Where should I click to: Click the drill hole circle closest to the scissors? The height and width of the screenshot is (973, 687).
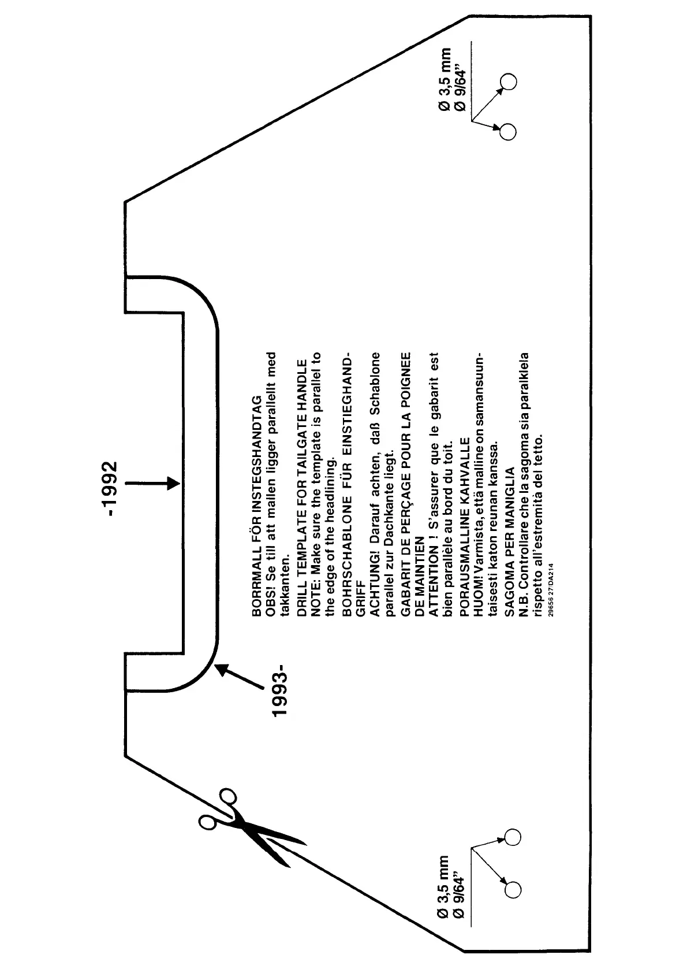click(x=513, y=836)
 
